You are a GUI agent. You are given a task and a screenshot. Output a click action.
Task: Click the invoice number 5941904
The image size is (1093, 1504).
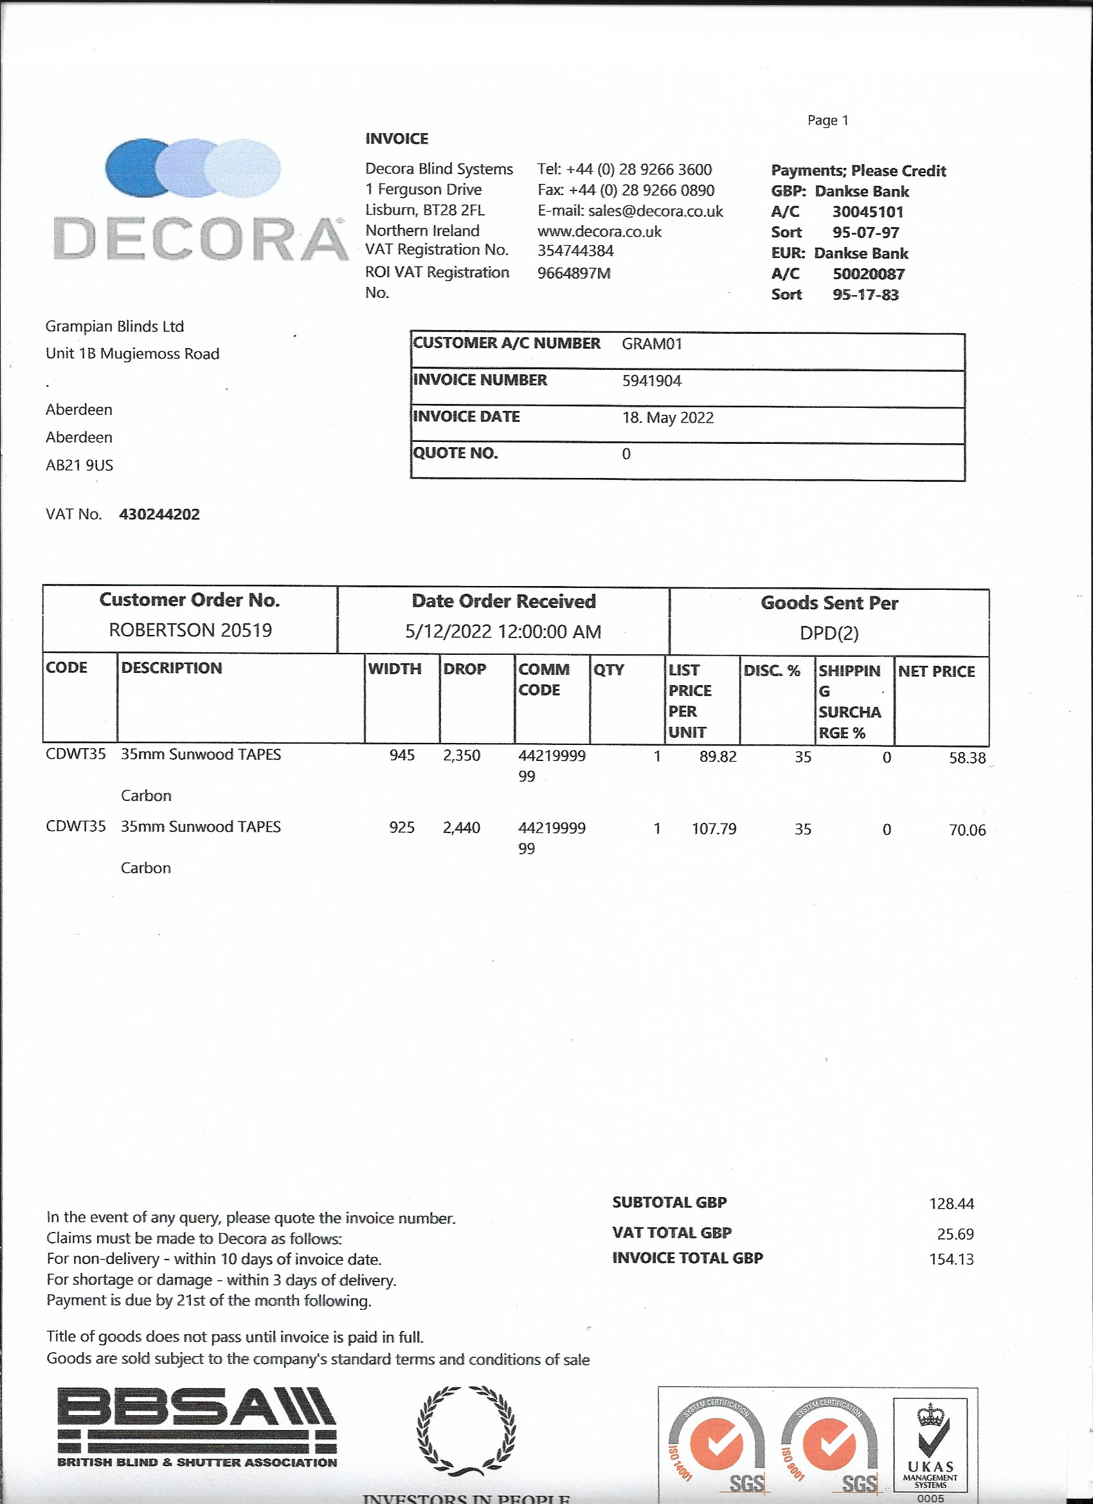point(651,381)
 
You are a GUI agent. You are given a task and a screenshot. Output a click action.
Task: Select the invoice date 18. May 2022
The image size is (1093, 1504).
point(667,417)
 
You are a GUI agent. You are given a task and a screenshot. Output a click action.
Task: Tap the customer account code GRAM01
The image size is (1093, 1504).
point(651,344)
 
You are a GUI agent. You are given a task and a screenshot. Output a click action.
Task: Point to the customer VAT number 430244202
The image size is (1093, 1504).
point(159,515)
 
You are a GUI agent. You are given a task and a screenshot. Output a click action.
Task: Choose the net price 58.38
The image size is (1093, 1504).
point(966,758)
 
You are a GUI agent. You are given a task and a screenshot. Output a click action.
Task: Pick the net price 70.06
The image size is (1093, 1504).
point(966,830)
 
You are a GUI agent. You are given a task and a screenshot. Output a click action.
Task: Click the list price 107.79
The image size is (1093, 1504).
point(713,829)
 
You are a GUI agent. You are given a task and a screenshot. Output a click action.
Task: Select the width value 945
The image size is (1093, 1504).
point(402,755)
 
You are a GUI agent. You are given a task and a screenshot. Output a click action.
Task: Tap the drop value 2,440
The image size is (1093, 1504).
point(462,828)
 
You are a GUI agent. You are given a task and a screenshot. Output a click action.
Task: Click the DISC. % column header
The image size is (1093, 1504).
point(772,670)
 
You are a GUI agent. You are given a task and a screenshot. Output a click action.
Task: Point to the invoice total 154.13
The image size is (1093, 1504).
point(950,1260)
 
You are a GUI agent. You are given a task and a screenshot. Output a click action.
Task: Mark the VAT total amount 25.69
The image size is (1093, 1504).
point(955,1234)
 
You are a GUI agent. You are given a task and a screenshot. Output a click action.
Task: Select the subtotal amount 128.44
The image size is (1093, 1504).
point(950,1204)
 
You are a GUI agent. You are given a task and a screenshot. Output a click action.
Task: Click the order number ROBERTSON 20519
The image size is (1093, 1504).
point(190,630)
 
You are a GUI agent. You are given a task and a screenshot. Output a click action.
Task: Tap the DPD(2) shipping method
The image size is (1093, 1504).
point(829,633)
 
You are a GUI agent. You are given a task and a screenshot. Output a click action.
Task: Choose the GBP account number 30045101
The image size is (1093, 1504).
point(867,212)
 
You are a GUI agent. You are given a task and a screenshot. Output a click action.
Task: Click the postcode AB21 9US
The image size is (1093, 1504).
point(79,466)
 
